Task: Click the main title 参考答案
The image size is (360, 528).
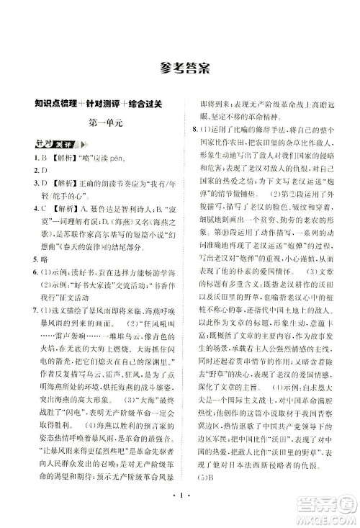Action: tap(179, 68)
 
